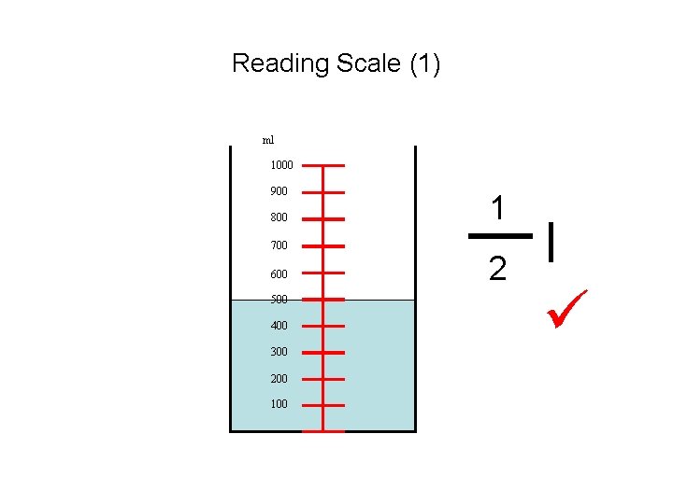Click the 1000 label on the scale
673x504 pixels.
click(x=281, y=165)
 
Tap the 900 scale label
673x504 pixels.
click(x=279, y=191)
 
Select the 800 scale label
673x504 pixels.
click(x=279, y=217)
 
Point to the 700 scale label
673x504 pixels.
click(x=279, y=245)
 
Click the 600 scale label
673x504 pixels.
click(x=279, y=274)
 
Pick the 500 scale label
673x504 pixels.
click(x=279, y=300)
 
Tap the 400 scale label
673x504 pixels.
click(x=279, y=326)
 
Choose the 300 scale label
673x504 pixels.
click(x=279, y=352)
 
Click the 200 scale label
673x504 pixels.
click(x=279, y=379)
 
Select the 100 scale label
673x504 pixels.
click(x=279, y=404)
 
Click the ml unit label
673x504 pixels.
click(x=268, y=140)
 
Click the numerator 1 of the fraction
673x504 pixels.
click(x=498, y=208)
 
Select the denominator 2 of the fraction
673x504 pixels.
click(x=498, y=271)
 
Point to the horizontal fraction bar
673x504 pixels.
click(x=499, y=237)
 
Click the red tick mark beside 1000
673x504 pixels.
click(x=323, y=165)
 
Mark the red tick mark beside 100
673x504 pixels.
click(x=323, y=405)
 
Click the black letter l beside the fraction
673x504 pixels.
click(x=554, y=240)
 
